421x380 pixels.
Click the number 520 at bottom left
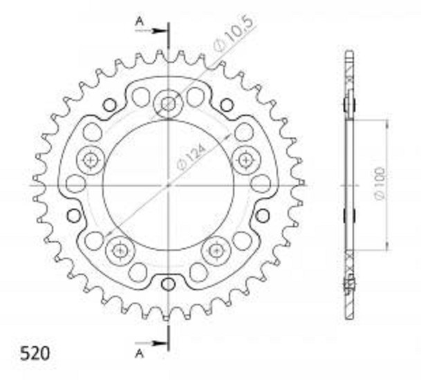pyautogui.click(x=35, y=354)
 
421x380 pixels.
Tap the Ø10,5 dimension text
pyautogui.click(x=233, y=34)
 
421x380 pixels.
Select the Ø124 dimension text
pyautogui.click(x=191, y=158)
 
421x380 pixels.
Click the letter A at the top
pyautogui.click(x=139, y=21)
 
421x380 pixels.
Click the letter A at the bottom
pyautogui.click(x=139, y=354)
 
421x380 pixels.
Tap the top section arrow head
pyautogui.click(x=159, y=31)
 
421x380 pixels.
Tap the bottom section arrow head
pyautogui.click(x=159, y=343)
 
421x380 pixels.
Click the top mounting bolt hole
pyautogui.click(x=169, y=104)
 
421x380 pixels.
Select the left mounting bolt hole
pyautogui.click(x=90, y=160)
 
